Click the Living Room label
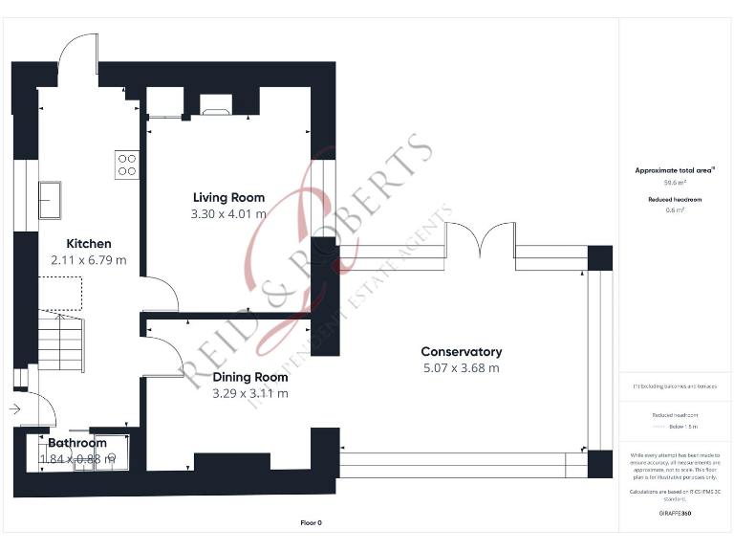tap(227, 198)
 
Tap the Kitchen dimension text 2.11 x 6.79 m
tap(88, 260)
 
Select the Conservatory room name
tap(462, 352)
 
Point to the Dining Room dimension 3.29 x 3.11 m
tap(250, 393)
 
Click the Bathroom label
tap(77, 443)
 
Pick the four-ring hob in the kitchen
tap(126, 165)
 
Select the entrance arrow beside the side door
tap(15, 409)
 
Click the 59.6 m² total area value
tap(668, 181)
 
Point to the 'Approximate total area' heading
tap(668, 170)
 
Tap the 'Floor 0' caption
tap(311, 522)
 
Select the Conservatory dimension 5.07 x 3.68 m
tap(461, 368)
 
